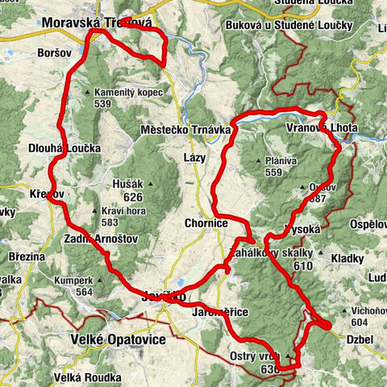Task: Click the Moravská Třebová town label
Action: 98,25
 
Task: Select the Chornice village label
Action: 206,223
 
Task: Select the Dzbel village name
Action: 360,339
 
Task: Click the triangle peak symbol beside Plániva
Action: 259,161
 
